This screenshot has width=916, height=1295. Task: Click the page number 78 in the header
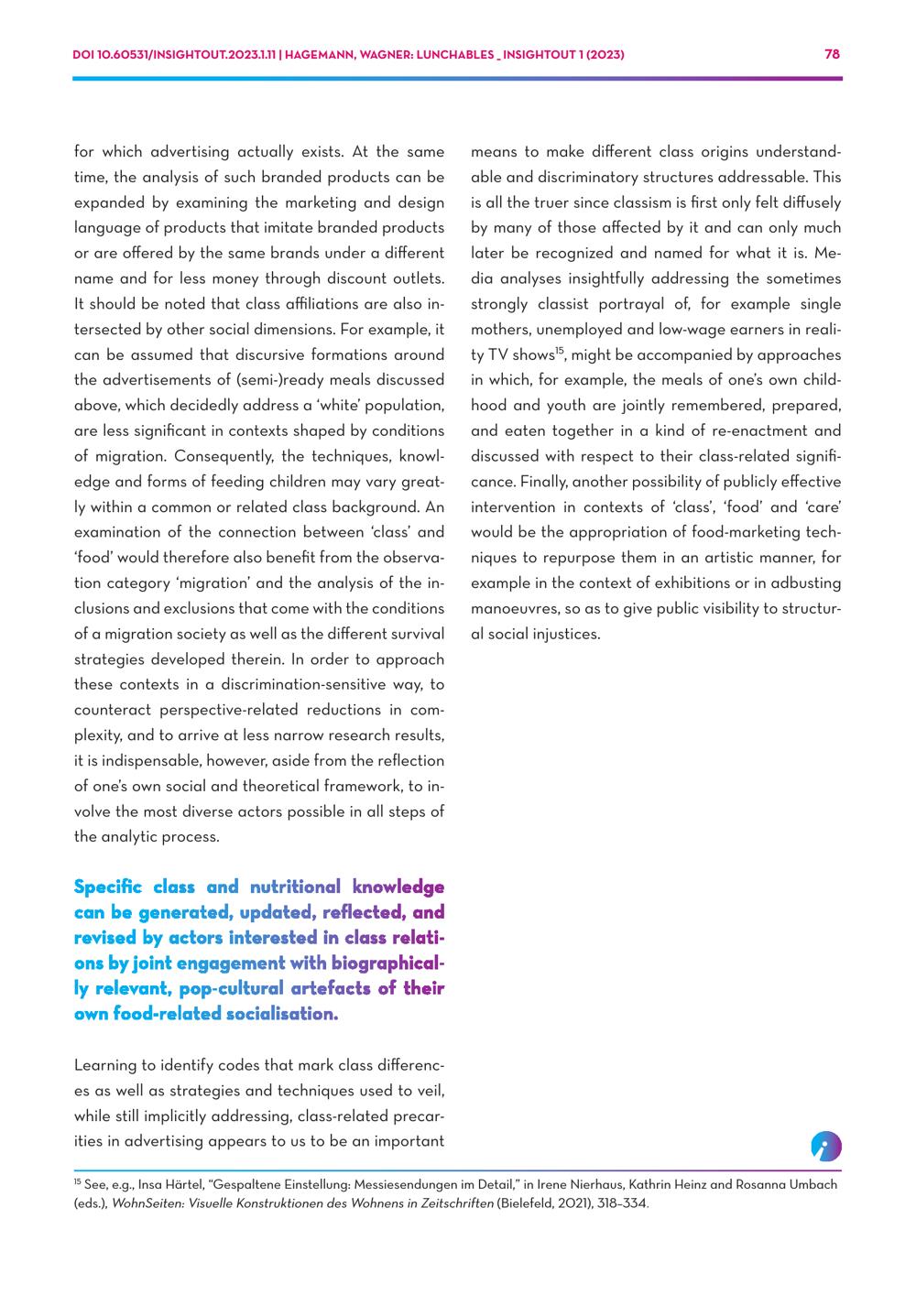pos(832,54)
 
